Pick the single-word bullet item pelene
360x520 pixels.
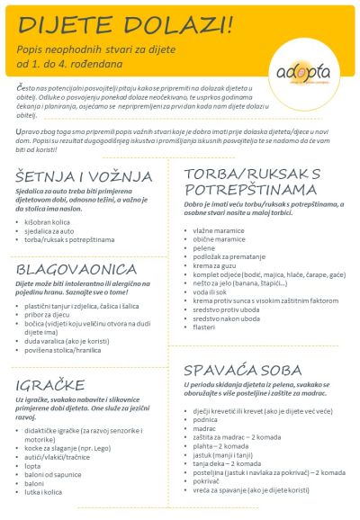(x=210, y=249)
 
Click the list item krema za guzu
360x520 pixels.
(x=220, y=268)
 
